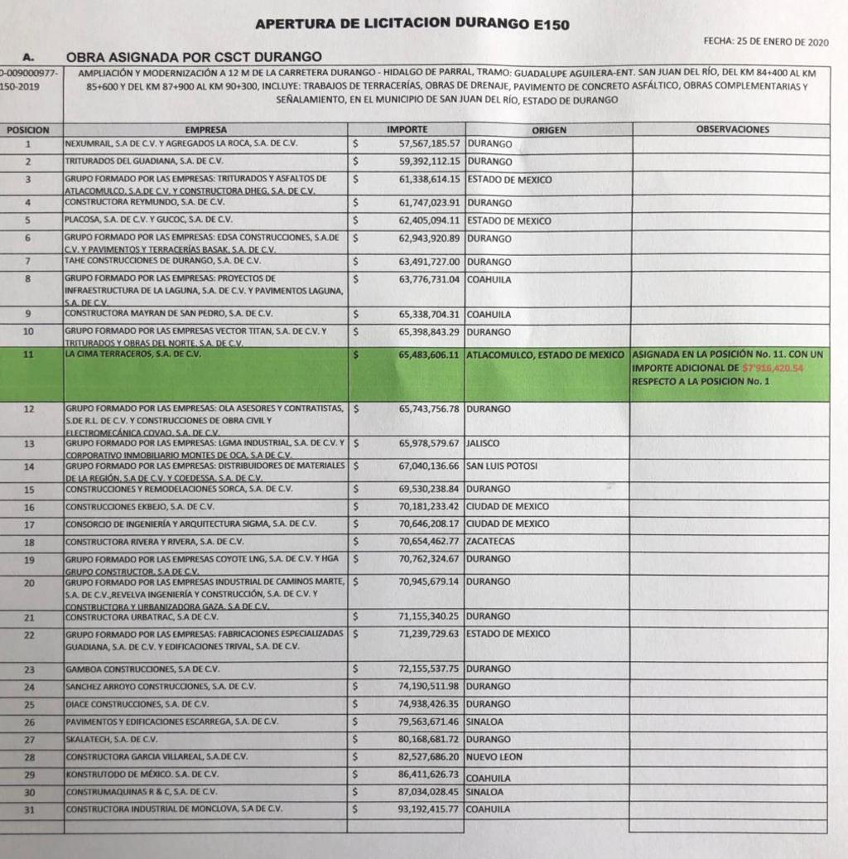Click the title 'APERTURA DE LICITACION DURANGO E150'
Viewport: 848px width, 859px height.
pos(412,24)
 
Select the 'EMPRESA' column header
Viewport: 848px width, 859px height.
pos(206,130)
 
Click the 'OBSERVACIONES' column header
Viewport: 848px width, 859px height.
pos(732,129)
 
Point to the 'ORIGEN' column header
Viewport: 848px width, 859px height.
pos(549,130)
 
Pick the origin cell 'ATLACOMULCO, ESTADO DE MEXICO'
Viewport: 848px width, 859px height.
pos(546,355)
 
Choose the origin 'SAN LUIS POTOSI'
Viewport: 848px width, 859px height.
pos(503,466)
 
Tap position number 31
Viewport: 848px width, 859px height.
pos(29,809)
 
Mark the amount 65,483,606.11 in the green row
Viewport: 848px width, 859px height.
pos(428,355)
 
